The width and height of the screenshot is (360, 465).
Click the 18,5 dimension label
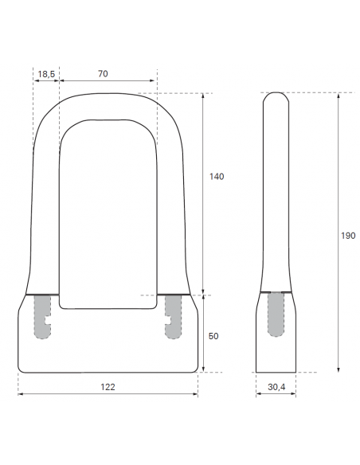tap(46, 74)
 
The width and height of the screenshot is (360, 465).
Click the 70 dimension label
tap(103, 73)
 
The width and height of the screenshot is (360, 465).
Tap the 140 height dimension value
tap(217, 177)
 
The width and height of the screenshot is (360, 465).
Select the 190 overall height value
tap(348, 236)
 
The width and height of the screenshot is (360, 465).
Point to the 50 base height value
tap(213, 336)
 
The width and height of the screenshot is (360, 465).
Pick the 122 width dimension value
tap(108, 387)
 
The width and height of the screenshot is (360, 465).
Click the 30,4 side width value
tap(276, 387)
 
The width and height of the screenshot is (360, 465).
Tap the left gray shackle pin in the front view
tap(42, 317)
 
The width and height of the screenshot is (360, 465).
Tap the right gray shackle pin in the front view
tap(173, 317)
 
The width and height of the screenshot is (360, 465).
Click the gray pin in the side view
tap(276, 315)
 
